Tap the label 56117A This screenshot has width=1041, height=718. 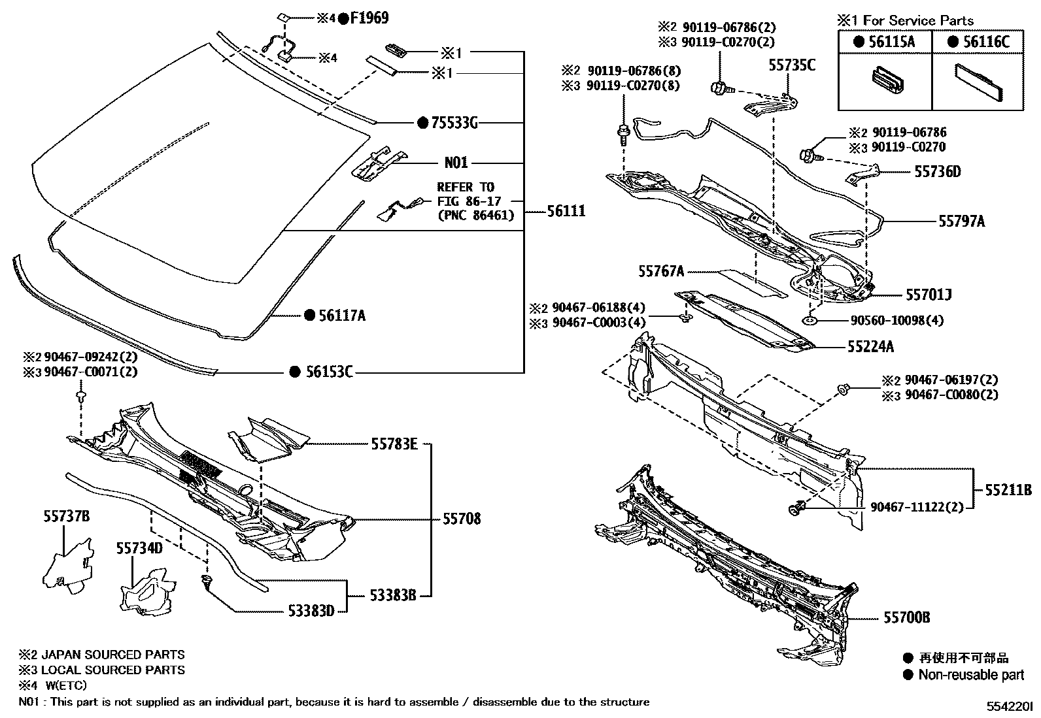(x=342, y=316)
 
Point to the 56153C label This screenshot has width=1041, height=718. (x=330, y=372)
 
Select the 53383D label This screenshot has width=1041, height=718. (x=311, y=611)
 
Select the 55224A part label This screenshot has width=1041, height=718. (x=870, y=347)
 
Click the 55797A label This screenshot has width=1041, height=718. (x=961, y=221)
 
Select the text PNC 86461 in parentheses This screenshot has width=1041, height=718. (x=475, y=215)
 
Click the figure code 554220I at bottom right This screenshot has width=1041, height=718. (x=1010, y=706)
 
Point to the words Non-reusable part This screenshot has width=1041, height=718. (x=971, y=675)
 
